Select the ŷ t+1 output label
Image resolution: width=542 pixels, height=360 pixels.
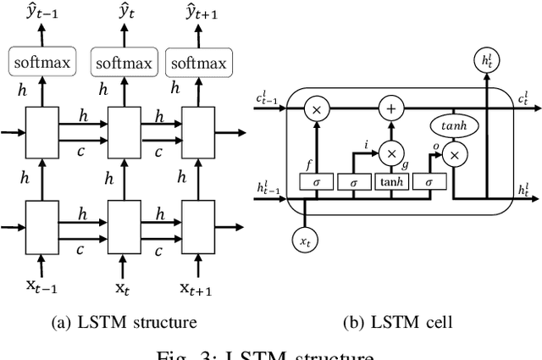pos(197,13)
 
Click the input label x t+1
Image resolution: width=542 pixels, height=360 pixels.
pos(196,287)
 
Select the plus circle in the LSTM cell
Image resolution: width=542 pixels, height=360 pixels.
pos(391,109)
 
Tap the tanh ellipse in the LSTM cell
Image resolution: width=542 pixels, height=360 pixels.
pos(454,125)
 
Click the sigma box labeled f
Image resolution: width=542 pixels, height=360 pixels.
pos(317,182)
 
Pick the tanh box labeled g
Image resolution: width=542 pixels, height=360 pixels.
pos(391,182)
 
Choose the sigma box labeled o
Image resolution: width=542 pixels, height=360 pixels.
pos(429,182)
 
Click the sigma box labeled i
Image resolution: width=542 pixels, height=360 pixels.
pos(354,182)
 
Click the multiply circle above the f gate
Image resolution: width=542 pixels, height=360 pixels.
pos(318,109)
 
